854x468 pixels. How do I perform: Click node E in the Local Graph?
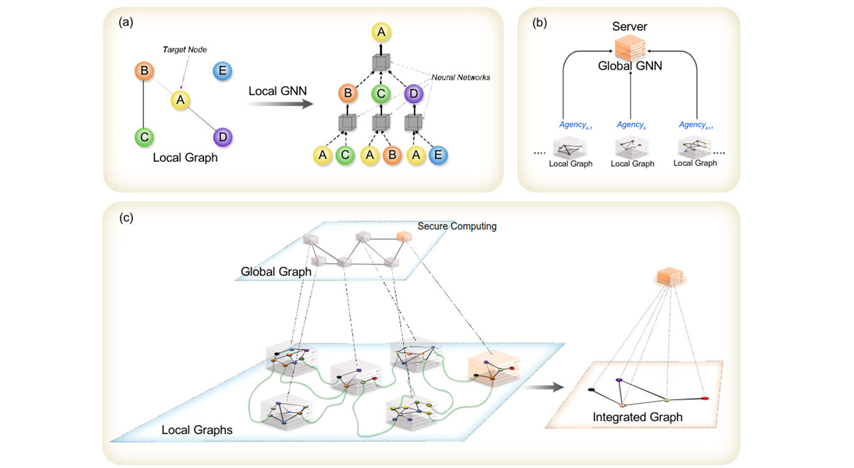coord(223,71)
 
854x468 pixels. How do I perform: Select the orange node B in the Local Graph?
coord(144,71)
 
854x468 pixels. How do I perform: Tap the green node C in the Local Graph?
coord(144,136)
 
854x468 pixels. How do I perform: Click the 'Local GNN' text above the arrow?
coord(277,90)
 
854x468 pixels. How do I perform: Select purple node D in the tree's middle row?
coord(414,94)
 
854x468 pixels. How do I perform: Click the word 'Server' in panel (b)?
coord(629,27)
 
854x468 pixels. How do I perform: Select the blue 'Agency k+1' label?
coord(695,125)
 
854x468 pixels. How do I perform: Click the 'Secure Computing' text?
coord(457,226)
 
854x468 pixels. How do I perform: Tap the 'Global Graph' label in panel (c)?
coord(276,272)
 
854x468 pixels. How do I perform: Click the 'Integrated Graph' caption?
coord(638,417)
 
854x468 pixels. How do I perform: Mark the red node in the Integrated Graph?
coord(705,398)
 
